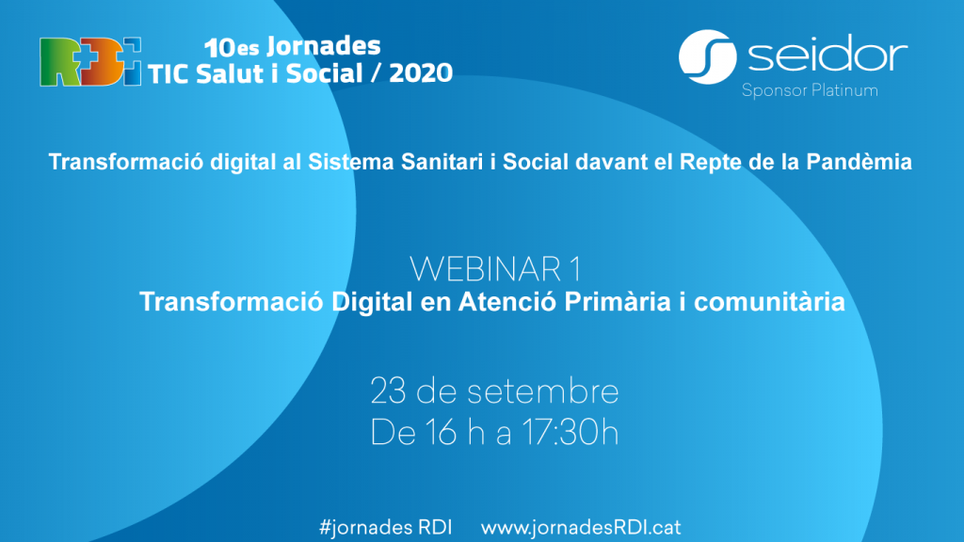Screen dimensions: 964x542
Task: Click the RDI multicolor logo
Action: click(90, 61)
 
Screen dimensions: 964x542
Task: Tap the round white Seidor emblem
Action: click(708, 56)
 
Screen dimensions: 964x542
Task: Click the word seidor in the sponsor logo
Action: click(827, 54)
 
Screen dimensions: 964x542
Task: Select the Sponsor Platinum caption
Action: click(810, 91)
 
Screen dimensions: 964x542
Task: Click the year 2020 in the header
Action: click(421, 73)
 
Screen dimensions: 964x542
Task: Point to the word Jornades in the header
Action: click(324, 46)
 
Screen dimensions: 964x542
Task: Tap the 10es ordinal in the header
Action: click(232, 47)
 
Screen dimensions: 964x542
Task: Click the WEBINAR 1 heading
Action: click(495, 268)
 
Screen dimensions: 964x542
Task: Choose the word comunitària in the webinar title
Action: click(769, 302)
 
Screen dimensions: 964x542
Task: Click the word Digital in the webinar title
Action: click(372, 302)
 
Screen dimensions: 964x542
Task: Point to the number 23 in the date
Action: click(388, 391)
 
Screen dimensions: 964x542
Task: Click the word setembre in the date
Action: click(543, 391)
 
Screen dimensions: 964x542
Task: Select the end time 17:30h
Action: click(570, 433)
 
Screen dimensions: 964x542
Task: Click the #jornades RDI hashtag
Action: click(385, 527)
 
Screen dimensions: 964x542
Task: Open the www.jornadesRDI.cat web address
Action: click(581, 527)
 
